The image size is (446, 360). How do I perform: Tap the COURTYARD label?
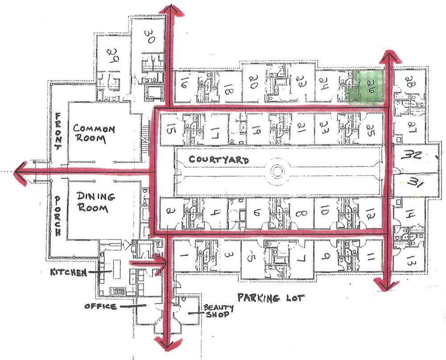tap(219, 160)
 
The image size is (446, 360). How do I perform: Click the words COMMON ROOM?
tap(94, 133)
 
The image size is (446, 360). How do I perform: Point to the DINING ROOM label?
tap(95, 202)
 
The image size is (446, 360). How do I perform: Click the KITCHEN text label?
tap(68, 273)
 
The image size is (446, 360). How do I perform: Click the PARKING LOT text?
tap(271, 298)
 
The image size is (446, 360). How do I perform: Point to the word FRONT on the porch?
tap(58, 131)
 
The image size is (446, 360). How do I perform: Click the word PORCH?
tap(58, 216)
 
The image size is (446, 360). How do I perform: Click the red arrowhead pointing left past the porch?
tap(21, 172)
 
